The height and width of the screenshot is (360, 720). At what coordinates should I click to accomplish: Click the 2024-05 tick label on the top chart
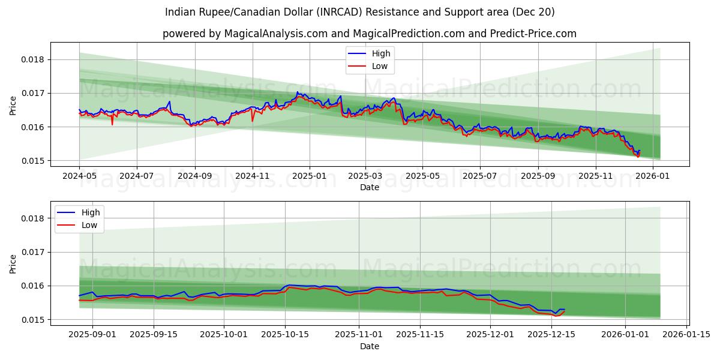[79, 177]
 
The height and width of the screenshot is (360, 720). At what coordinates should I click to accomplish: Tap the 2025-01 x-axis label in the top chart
[310, 177]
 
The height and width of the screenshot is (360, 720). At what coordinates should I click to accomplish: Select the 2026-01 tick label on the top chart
[652, 177]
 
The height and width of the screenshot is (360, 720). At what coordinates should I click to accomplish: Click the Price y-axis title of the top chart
[13, 105]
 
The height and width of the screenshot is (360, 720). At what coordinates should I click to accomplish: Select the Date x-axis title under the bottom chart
[370, 346]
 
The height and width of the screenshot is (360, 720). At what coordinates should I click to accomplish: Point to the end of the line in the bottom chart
[564, 310]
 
